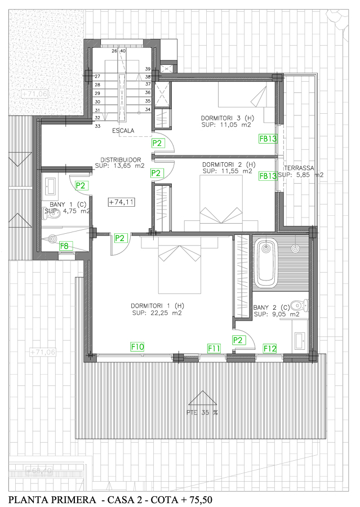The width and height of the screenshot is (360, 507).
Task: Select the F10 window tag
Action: click(x=138, y=346)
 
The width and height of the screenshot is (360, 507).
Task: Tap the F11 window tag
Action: click(x=214, y=348)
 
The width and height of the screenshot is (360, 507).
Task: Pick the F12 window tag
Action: click(x=270, y=348)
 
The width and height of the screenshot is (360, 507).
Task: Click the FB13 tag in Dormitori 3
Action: click(x=268, y=137)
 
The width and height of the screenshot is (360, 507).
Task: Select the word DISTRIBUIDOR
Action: click(x=121, y=159)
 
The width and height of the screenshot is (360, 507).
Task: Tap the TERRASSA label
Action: click(x=300, y=168)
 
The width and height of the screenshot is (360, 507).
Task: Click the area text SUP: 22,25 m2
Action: click(x=157, y=313)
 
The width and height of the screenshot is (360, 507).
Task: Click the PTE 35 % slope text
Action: click(x=202, y=412)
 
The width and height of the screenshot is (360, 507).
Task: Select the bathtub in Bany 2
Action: click(x=265, y=263)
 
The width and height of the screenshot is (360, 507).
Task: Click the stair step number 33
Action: click(x=97, y=126)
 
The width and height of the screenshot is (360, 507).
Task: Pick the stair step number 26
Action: click(x=114, y=51)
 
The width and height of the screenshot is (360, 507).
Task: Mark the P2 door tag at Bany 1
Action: click(x=81, y=185)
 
